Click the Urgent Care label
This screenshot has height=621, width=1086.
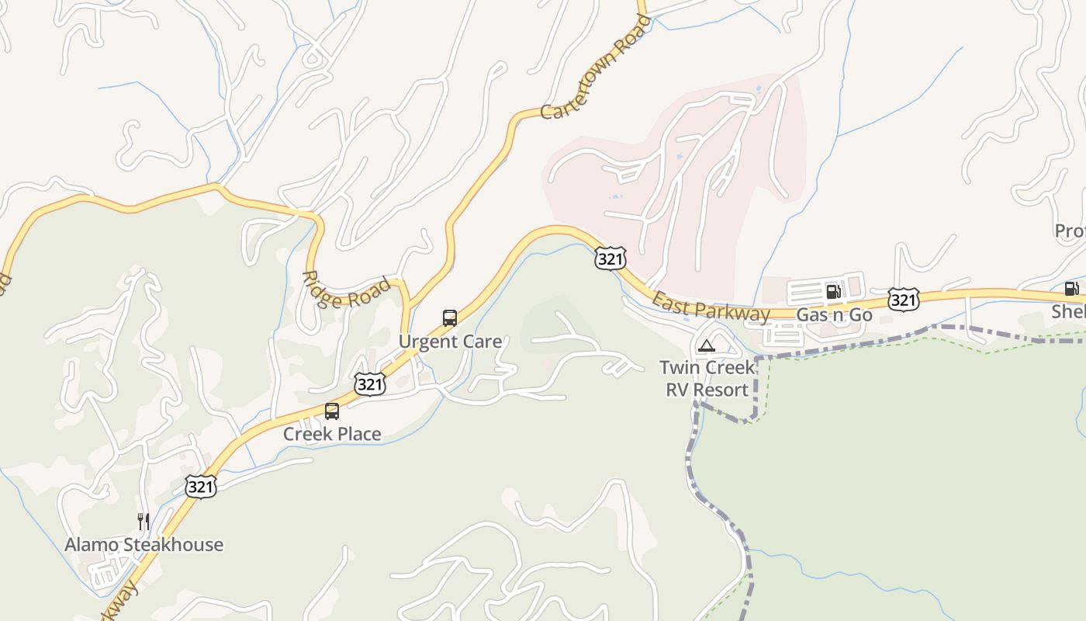[450, 342]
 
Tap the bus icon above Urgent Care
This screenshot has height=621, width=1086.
[450, 317]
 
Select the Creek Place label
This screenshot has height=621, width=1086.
[332, 434]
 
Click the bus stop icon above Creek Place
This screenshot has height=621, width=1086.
[332, 411]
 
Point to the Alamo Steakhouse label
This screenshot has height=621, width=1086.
[144, 545]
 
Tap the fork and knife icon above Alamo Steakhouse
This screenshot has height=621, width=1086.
[144, 521]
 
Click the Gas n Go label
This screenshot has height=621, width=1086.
[834, 315]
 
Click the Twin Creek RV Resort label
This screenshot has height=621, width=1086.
[707, 378]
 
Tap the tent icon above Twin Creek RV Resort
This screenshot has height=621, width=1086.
[706, 345]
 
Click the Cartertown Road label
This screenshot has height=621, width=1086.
[595, 68]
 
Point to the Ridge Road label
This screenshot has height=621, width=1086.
[346, 290]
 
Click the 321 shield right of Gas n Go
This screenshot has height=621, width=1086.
[904, 299]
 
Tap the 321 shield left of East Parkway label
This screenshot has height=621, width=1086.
[610, 258]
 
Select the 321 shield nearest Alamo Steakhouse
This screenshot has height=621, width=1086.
[200, 487]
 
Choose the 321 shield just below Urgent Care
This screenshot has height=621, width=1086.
[370, 383]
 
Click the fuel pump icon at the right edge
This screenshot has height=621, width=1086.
[1071, 289]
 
